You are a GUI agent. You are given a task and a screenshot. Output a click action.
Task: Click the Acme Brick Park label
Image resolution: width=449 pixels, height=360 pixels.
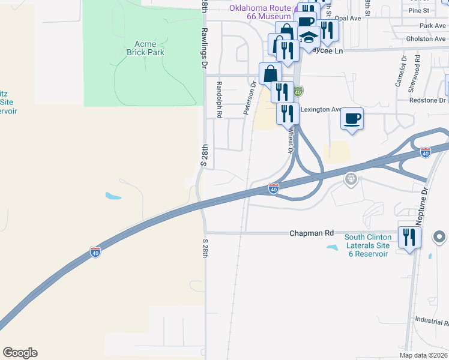pyautogui.click(x=145, y=48)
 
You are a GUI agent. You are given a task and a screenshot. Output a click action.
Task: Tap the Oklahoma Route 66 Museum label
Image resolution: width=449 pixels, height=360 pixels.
pyautogui.click(x=260, y=12)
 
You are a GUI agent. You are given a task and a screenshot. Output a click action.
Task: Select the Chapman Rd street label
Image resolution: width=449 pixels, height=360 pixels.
pyautogui.click(x=311, y=232)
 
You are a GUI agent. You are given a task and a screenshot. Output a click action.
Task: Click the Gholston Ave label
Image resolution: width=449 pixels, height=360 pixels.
pyautogui.click(x=425, y=39)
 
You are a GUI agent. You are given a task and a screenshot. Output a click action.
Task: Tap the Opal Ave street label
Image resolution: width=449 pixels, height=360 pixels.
pyautogui.click(x=348, y=19)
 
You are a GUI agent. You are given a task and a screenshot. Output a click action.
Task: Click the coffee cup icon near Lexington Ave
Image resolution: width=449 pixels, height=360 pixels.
pyautogui.click(x=352, y=118)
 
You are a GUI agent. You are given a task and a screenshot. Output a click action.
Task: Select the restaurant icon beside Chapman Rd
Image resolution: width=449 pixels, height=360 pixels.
pyautogui.click(x=409, y=236)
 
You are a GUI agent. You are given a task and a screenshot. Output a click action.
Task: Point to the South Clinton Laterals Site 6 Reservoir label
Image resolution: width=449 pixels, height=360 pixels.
pyautogui.click(x=367, y=245)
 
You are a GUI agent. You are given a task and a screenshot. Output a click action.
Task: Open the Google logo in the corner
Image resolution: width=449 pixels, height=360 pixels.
pyautogui.click(x=20, y=353)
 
